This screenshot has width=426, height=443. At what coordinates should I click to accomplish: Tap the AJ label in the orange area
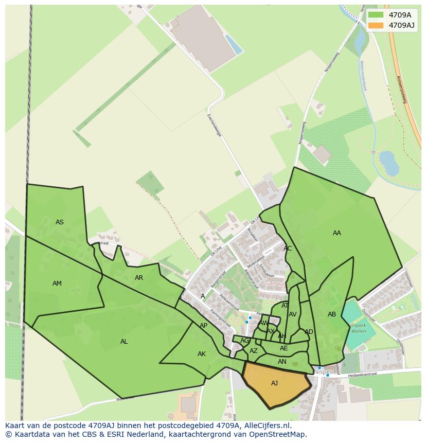coord(274,383)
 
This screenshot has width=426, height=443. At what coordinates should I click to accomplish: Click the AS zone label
coord(60,222)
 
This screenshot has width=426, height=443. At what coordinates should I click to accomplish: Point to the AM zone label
coord(57,283)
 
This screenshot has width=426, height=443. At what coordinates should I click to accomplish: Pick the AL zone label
coord(124,342)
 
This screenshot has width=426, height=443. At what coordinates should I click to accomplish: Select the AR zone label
coord(139,278)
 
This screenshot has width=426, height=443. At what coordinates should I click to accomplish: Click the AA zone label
coord(337,233)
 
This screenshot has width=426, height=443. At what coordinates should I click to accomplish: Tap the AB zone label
coord(332,314)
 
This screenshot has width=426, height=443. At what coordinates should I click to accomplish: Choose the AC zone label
coord(288,249)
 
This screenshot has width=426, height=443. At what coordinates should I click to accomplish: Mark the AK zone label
coord(202,354)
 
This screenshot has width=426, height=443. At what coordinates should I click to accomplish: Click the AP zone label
coord(204,326)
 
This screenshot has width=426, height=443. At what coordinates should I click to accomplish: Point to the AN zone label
coord(282,362)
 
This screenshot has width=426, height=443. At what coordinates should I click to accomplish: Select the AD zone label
coord(309,332)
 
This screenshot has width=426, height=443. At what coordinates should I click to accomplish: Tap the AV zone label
coord(292,314)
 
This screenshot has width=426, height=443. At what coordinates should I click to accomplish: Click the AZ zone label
coord(254,351)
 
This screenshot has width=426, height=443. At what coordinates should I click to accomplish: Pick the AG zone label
coord(244,341)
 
